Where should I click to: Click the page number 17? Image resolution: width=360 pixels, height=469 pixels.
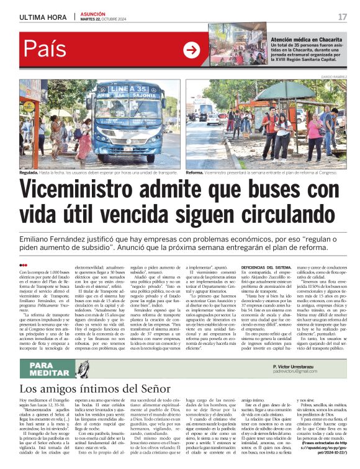342,17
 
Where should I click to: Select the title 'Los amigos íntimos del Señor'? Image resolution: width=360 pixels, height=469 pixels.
99,390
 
